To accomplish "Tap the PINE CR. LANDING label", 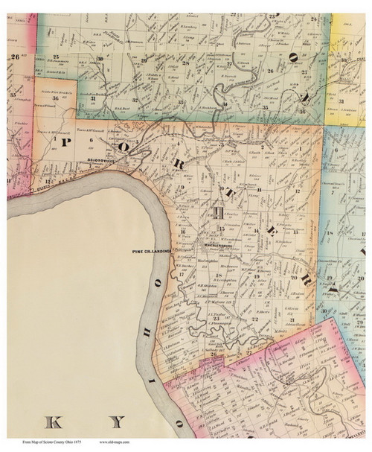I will click(151, 251).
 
